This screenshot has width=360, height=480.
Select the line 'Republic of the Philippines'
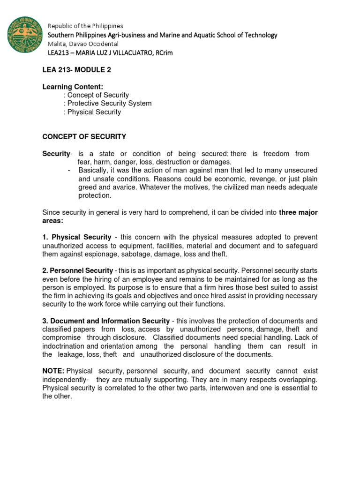(86, 26)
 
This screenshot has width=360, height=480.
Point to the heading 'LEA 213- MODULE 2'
(76, 70)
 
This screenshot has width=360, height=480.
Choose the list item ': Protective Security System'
(107, 104)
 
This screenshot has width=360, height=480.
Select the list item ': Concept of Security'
(96, 95)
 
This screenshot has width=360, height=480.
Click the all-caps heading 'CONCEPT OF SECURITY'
(84, 137)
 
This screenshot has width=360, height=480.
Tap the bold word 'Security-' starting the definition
(57, 154)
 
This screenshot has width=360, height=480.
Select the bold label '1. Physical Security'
(77, 237)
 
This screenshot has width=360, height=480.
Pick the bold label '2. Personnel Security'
(78, 271)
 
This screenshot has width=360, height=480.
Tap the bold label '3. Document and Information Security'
(106, 321)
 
